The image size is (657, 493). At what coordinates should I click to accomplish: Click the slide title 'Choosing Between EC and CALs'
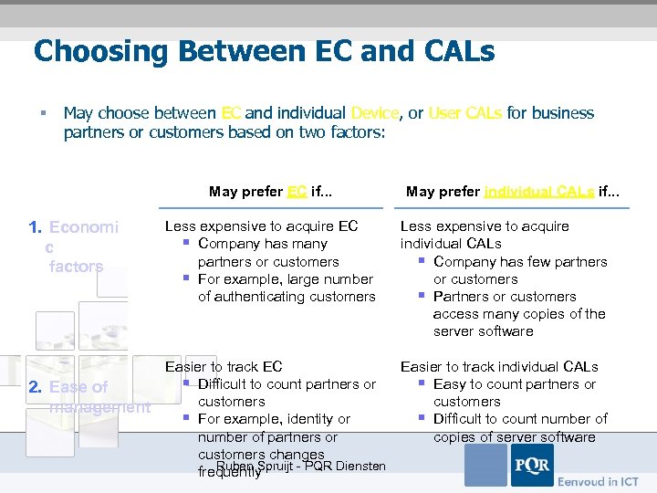click(264, 50)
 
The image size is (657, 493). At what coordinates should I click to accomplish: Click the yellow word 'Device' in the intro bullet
click(375, 113)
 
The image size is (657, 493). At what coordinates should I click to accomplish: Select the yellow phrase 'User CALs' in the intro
click(464, 113)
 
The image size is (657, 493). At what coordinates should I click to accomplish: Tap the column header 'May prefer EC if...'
click(270, 191)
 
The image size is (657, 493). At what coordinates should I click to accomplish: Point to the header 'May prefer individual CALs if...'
click(512, 191)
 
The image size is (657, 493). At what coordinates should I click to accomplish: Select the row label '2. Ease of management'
click(89, 397)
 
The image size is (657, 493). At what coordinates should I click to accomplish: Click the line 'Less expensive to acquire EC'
click(261, 226)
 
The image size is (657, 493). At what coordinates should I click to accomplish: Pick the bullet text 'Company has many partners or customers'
click(268, 253)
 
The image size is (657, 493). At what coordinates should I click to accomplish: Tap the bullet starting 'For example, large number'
click(286, 288)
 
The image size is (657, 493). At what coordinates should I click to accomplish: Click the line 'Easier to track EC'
click(224, 366)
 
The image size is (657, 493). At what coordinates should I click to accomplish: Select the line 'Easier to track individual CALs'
click(499, 366)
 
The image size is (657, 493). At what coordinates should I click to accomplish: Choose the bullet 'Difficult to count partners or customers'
click(286, 393)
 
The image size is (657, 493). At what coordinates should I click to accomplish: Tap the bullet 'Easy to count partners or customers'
click(514, 393)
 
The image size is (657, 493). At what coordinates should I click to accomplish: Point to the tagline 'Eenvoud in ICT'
click(599, 480)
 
